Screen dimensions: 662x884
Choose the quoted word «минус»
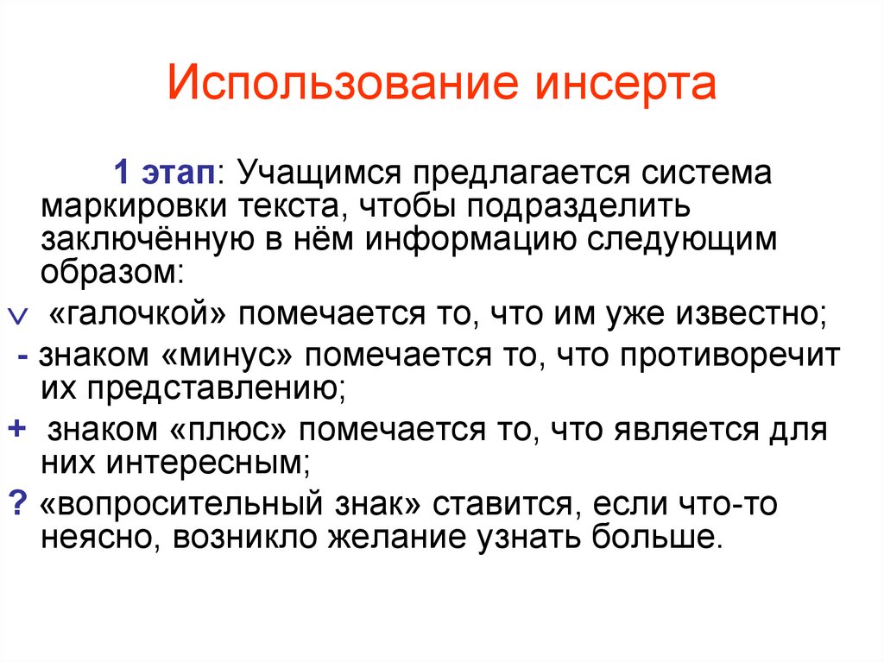point(231,355)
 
